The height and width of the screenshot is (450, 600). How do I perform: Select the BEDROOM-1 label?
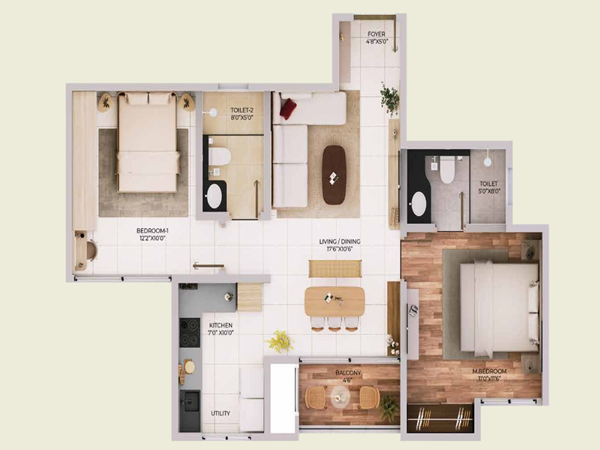152,234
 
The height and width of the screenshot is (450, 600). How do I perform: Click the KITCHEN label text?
221,329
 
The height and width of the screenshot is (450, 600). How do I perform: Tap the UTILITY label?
220,413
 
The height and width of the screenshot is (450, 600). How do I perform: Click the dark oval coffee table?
334,174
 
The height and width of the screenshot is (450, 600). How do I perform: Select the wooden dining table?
334,300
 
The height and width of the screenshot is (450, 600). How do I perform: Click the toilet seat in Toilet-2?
220,157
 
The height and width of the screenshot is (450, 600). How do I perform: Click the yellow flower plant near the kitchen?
280,341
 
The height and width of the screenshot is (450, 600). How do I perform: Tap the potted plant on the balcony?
388,407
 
